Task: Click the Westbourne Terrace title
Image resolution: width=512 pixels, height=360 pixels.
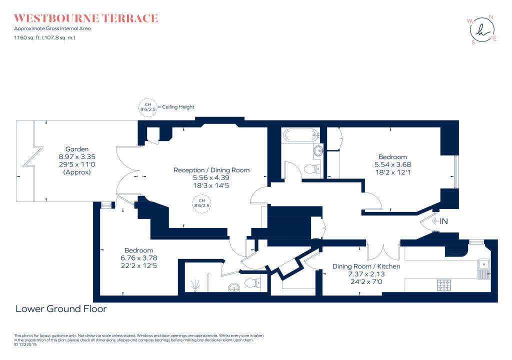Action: click(86, 18)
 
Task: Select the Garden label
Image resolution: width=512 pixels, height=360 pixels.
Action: click(77, 149)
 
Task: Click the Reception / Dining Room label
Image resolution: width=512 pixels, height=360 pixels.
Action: click(211, 170)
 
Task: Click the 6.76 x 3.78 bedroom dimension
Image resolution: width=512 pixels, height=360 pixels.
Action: click(138, 258)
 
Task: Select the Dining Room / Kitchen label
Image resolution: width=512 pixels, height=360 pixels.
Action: click(366, 266)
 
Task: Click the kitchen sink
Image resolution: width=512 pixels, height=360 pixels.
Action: click(483, 268)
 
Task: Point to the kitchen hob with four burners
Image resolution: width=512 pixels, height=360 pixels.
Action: click(444, 285)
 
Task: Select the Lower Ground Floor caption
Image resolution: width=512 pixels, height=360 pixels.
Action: click(61, 309)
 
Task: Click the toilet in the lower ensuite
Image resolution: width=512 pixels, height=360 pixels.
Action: click(253, 283)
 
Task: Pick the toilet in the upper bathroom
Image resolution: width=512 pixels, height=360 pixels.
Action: click(311, 169)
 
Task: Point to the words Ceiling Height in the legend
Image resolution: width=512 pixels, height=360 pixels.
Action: click(178, 107)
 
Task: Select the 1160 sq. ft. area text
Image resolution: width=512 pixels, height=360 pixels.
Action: click(44, 37)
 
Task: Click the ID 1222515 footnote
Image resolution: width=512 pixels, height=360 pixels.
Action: click(24, 344)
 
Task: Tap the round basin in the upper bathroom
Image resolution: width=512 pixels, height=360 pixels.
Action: click(318, 150)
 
